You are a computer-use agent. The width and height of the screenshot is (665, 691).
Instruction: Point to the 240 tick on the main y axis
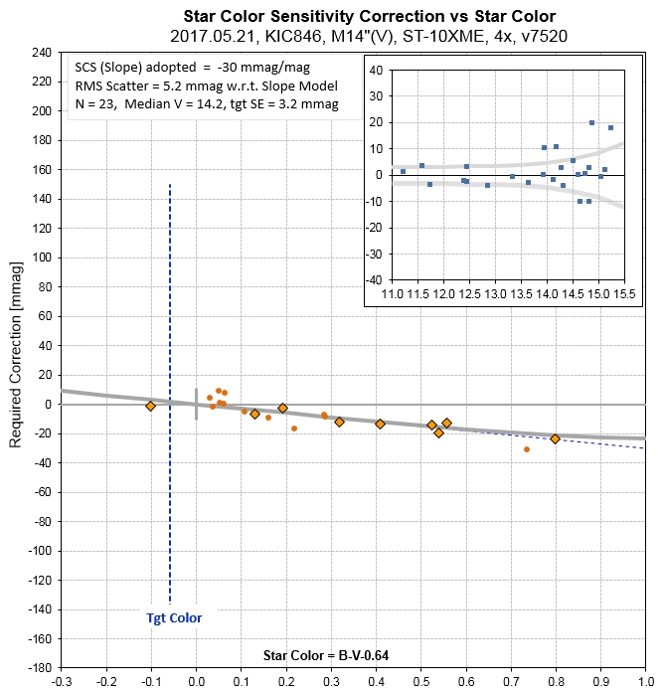click(40, 53)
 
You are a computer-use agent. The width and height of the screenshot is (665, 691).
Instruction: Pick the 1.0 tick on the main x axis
click(644, 683)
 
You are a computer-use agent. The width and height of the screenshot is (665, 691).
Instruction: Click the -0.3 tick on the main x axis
click(62, 683)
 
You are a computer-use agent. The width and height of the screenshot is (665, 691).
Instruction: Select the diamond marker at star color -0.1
click(151, 406)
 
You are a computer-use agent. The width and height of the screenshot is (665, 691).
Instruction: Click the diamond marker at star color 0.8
click(555, 438)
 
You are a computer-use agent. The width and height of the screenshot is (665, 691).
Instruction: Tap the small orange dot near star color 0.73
click(527, 449)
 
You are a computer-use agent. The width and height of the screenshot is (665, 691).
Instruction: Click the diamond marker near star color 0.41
click(380, 424)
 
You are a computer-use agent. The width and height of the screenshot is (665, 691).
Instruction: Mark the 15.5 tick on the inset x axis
click(624, 295)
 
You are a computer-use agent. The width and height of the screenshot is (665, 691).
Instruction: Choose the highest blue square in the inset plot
click(591, 123)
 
